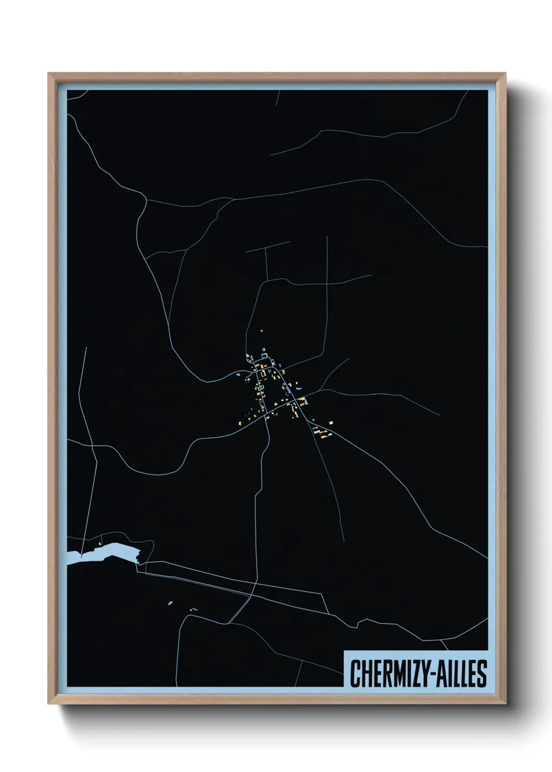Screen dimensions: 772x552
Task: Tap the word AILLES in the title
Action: tap(460, 673)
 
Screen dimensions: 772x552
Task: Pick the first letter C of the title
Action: tap(355, 673)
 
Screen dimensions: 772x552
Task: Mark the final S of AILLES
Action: tap(482, 673)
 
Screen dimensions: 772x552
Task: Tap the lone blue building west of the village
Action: tap(238, 374)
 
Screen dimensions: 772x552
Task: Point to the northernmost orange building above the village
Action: tap(262, 330)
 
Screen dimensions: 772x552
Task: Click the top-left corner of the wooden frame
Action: tap(49, 73)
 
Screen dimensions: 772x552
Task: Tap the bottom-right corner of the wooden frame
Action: tap(506, 704)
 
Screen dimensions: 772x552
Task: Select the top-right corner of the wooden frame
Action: tap(506, 73)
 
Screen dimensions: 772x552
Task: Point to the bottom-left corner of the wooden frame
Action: tap(49, 704)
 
